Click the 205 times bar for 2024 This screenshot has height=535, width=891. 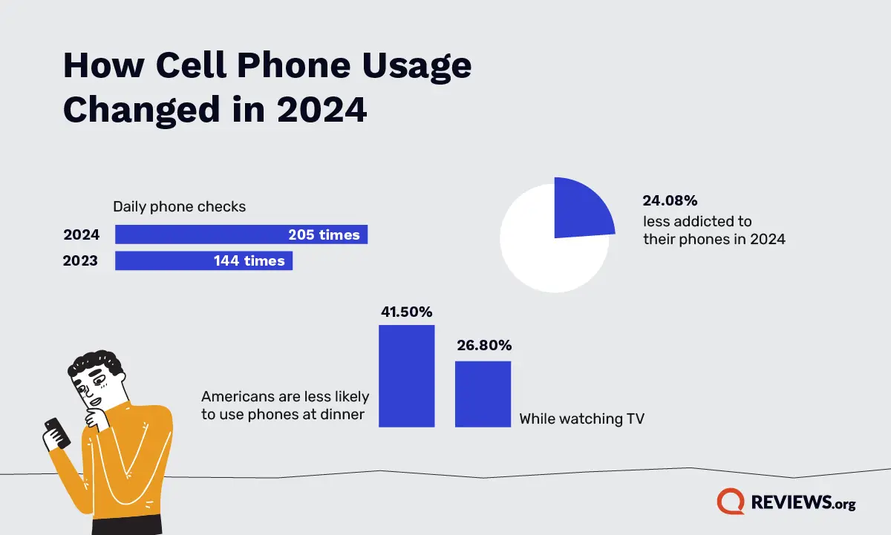click(x=241, y=235)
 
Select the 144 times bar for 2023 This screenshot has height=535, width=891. click(x=203, y=260)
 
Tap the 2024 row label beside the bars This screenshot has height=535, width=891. click(x=82, y=235)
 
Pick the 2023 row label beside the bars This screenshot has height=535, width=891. click(x=82, y=260)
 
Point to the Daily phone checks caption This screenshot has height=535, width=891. click(x=179, y=207)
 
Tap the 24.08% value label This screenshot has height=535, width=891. click(x=670, y=200)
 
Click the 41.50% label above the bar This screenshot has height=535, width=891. click(x=406, y=312)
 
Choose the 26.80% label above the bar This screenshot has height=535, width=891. click(x=483, y=345)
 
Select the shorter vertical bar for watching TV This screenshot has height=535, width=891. click(x=483, y=394)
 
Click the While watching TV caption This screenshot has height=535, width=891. click(x=581, y=419)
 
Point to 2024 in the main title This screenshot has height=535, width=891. click(x=322, y=109)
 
